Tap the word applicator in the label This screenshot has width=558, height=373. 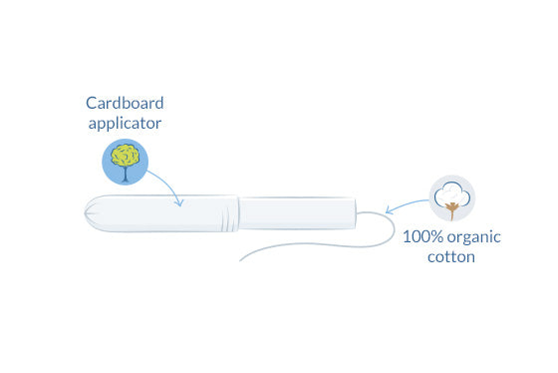[123, 124]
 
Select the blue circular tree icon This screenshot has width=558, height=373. [125, 162]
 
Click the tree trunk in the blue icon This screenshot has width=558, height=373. [125, 175]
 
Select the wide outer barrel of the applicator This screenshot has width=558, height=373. [164, 215]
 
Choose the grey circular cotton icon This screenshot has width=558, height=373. [451, 197]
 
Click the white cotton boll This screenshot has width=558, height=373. [451, 192]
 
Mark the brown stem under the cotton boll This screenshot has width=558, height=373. [453, 210]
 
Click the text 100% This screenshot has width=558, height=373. [421, 237]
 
